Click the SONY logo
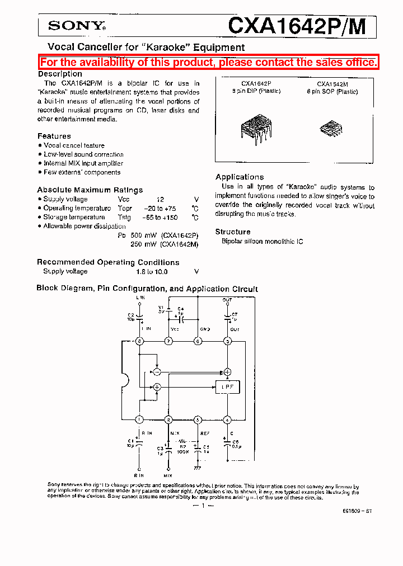(77, 25)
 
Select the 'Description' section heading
(60, 74)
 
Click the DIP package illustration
(256, 125)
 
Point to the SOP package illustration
(330, 129)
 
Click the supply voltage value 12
(161, 199)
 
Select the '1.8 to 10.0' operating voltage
(151, 271)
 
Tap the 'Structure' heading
(233, 232)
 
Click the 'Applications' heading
(240, 177)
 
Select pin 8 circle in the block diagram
(139, 341)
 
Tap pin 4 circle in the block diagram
(227, 419)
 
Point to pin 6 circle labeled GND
(198, 341)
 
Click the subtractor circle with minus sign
(157, 371)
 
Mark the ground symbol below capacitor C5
(198, 466)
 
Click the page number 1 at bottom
(203, 505)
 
